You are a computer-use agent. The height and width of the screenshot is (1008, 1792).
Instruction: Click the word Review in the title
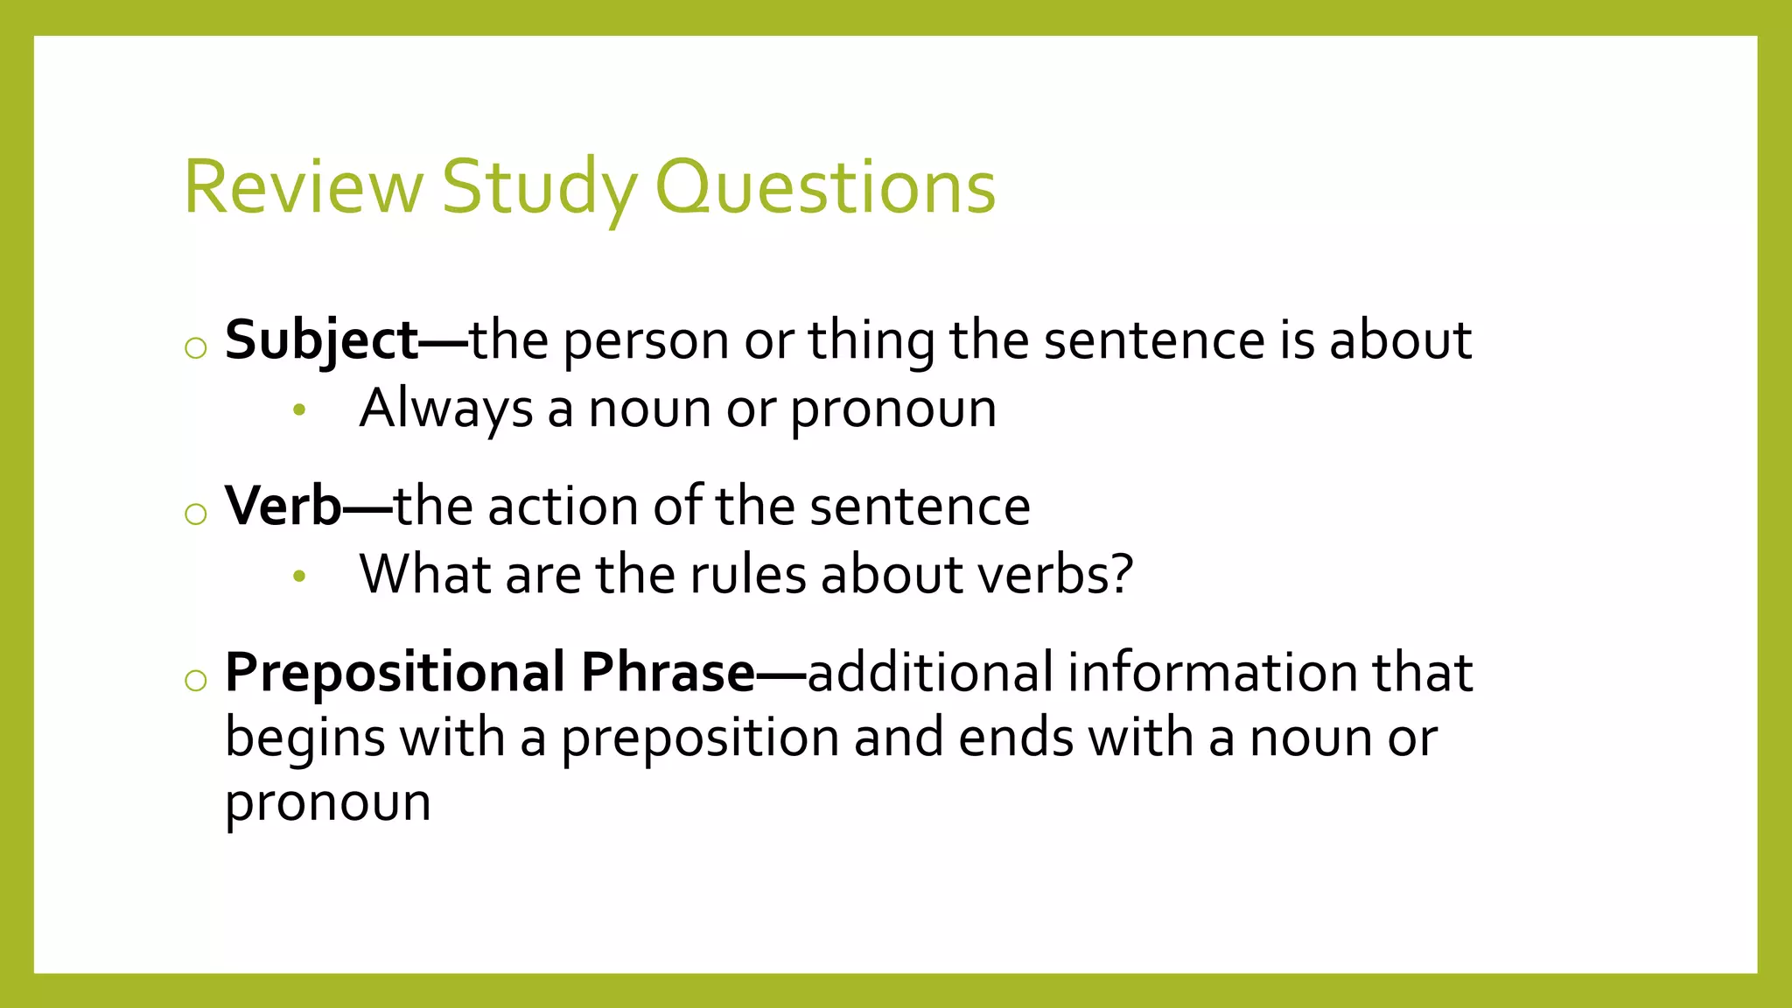pyautogui.click(x=303, y=186)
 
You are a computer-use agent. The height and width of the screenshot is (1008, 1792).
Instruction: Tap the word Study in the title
pyautogui.click(x=539, y=186)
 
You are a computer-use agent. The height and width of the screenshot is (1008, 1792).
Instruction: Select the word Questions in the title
pyautogui.click(x=825, y=186)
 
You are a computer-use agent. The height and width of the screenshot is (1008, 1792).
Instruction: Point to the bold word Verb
pyautogui.click(x=283, y=507)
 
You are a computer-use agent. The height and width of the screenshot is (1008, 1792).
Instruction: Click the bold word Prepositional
pyautogui.click(x=395, y=673)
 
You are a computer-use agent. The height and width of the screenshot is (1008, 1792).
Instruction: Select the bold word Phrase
pyautogui.click(x=668, y=673)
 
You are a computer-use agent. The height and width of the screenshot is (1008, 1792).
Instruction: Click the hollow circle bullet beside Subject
pyautogui.click(x=196, y=348)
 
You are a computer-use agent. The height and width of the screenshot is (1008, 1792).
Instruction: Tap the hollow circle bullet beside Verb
pyautogui.click(x=196, y=514)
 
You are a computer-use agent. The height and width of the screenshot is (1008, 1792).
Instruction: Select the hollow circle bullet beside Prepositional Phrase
pyautogui.click(x=196, y=681)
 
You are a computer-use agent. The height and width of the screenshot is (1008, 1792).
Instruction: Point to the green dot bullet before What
pyautogui.click(x=299, y=576)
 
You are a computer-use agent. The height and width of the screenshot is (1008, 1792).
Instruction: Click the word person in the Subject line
pyautogui.click(x=646, y=340)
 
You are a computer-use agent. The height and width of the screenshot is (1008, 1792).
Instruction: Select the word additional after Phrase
pyautogui.click(x=929, y=673)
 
